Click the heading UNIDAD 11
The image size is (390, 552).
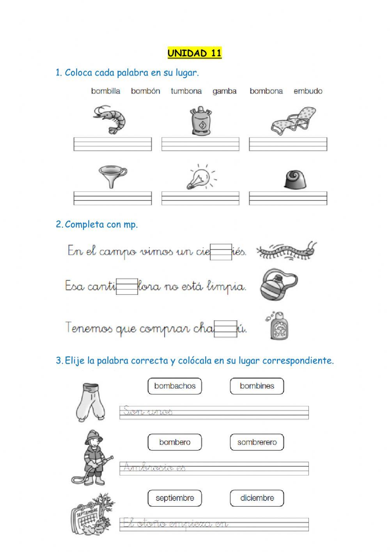195,53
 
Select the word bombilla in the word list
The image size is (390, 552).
106,91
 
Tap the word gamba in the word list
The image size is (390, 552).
224,91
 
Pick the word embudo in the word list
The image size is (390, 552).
308,91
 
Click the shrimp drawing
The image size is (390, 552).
110,119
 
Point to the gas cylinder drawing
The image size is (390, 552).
200,120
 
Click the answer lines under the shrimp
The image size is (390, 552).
113,144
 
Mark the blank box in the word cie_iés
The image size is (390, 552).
221,252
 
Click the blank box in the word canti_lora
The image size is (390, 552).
127,286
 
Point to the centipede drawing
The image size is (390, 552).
287,250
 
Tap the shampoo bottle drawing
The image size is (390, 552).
278,325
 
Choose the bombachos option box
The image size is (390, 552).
175,386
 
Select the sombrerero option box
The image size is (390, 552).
257,442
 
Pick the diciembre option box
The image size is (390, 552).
257,498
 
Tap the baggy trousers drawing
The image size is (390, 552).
91,402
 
